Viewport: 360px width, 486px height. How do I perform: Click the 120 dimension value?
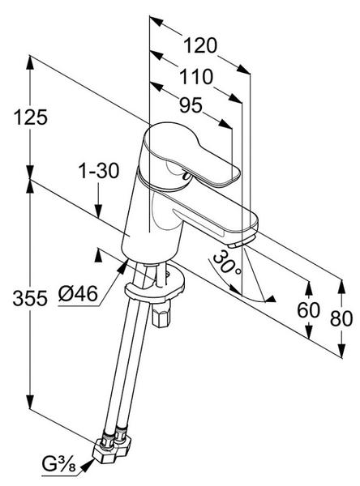pos(200,45)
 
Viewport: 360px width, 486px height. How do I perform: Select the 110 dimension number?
pos(196,77)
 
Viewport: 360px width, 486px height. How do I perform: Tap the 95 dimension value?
pos(191,105)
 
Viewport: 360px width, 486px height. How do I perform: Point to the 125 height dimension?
pos(31,117)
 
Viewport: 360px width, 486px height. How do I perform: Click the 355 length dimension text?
pos(30,298)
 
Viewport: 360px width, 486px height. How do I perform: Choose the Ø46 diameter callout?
pos(78,293)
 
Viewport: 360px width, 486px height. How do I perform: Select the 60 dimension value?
pos(308,309)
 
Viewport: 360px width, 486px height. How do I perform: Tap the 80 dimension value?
pos(341,318)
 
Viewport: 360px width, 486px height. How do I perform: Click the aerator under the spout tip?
pos(241,241)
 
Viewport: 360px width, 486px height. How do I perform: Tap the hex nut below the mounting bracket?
pos(161,314)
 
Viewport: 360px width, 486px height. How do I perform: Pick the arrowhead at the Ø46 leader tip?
pos(122,266)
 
